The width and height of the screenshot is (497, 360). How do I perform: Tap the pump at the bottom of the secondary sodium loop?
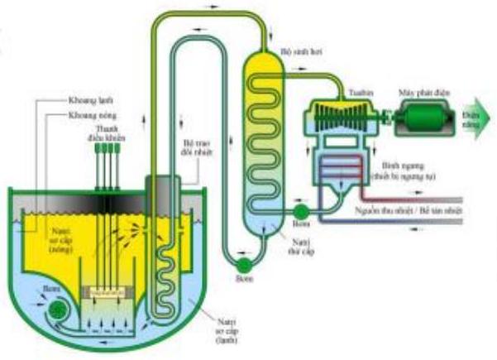point(245,264)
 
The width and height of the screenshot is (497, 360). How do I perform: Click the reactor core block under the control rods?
point(110,292)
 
